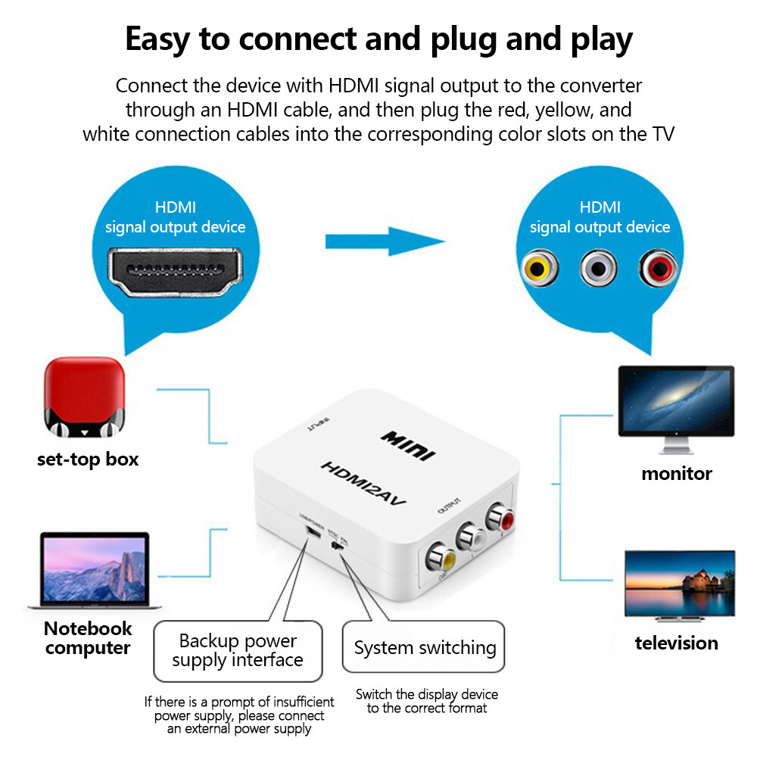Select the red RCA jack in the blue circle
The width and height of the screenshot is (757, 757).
(656, 267)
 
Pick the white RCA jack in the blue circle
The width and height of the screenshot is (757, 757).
(597, 267)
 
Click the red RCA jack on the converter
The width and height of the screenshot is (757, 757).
(500, 519)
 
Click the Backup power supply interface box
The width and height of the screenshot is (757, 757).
(238, 650)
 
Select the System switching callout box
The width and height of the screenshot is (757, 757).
(424, 648)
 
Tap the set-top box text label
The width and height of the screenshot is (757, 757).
(88, 459)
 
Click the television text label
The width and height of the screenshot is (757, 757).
(676, 643)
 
